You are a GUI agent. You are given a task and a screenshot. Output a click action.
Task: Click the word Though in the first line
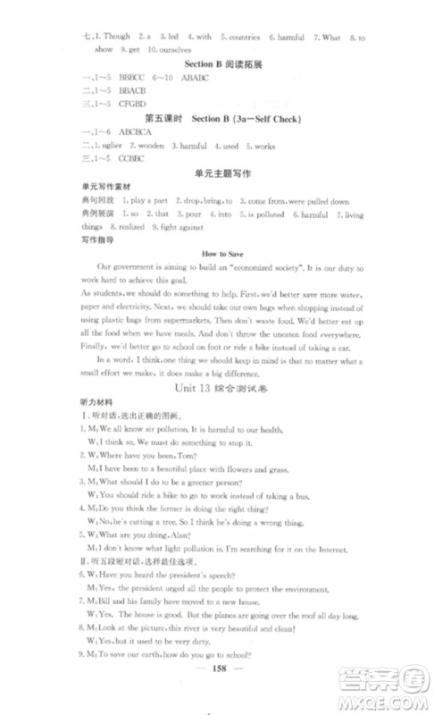(x=115, y=38)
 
